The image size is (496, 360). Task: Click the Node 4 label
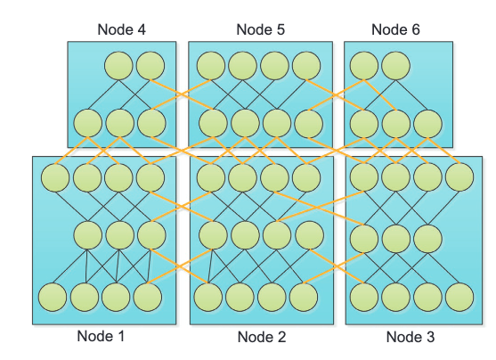pyautogui.click(x=121, y=29)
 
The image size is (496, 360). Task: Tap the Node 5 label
pyautogui.click(x=261, y=29)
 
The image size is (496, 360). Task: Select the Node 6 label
pyautogui.click(x=395, y=29)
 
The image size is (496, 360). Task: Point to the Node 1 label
pyautogui.click(x=101, y=336)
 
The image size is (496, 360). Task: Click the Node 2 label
pyautogui.click(x=262, y=337)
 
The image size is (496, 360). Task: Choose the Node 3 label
pyautogui.click(x=411, y=337)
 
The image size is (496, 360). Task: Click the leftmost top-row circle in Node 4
pyautogui.click(x=118, y=66)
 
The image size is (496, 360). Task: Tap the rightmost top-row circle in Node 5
pyautogui.click(x=306, y=66)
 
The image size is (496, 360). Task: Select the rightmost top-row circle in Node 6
pyautogui.click(x=395, y=66)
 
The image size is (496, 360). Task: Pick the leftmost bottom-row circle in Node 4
pyautogui.click(x=88, y=123)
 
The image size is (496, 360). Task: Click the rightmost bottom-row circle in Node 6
pyautogui.click(x=427, y=124)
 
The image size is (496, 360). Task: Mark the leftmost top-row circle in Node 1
pyautogui.click(x=55, y=177)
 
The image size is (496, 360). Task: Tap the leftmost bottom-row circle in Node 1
pyautogui.click(x=53, y=297)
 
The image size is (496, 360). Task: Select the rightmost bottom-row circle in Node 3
pyautogui.click(x=459, y=297)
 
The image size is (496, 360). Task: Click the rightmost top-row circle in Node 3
pyautogui.click(x=459, y=176)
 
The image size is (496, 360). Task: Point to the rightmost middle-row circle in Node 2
pyautogui.click(x=309, y=235)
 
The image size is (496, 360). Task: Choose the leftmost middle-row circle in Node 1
pyautogui.click(x=88, y=235)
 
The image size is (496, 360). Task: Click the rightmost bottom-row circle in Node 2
pyautogui.click(x=304, y=297)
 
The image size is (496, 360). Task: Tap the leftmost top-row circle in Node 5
pyautogui.click(x=211, y=66)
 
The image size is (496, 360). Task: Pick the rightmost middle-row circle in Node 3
pyautogui.click(x=427, y=239)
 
